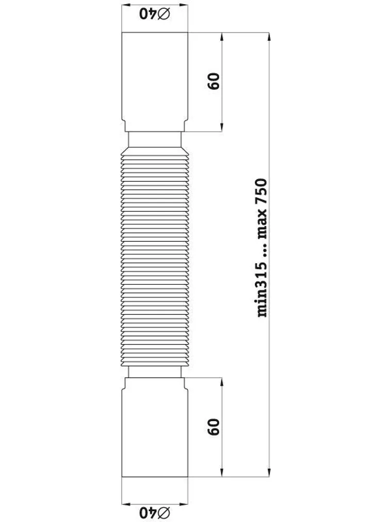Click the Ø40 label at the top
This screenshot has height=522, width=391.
154,14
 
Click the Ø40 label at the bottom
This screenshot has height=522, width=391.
154,512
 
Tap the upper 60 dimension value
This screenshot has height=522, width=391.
214,81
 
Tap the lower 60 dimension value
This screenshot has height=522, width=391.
214,427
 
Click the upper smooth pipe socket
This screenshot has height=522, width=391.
155,82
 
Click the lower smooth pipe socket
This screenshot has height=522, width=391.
155,427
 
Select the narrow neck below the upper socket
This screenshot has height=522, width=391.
155,140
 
